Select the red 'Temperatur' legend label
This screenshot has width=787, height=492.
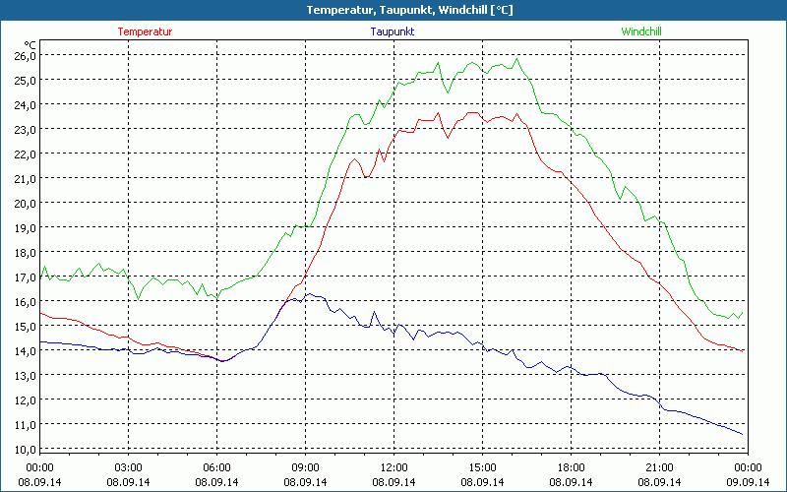click(x=145, y=31)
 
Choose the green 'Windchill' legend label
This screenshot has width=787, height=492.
click(x=641, y=31)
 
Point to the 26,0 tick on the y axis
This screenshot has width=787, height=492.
click(x=25, y=55)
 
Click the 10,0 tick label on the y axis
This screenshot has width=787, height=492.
click(x=25, y=449)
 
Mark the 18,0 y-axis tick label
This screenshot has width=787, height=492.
click(x=25, y=252)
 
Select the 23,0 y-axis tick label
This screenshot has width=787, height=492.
click(x=25, y=129)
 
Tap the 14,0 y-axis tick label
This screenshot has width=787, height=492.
click(x=25, y=350)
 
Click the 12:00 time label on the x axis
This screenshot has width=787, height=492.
click(x=393, y=467)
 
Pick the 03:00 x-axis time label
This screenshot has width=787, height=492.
click(x=129, y=467)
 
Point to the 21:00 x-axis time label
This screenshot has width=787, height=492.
click(x=659, y=467)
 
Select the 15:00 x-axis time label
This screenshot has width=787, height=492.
click(x=482, y=467)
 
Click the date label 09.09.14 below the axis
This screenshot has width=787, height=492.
click(x=748, y=482)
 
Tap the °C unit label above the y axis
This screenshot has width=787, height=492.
click(x=30, y=44)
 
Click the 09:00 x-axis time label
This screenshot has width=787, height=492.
click(x=305, y=467)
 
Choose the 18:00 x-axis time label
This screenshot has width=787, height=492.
click(x=571, y=467)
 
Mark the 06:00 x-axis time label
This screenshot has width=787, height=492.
click(x=217, y=467)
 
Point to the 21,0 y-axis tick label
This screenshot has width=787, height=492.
click(x=25, y=178)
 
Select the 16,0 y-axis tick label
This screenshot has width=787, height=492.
click(x=25, y=301)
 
